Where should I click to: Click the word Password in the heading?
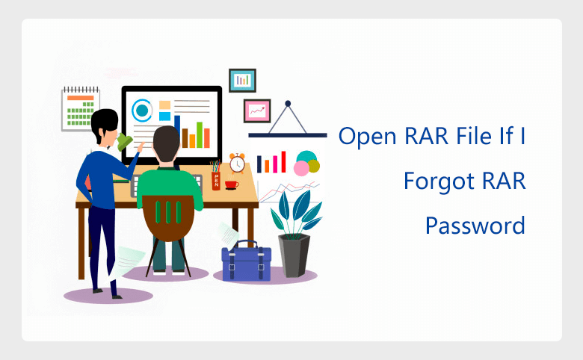pos(475,226)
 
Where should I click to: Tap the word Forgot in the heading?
pos(439,181)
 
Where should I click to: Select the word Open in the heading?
pos(368,137)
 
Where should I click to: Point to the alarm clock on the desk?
pos(237,163)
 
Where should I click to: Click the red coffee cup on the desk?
pos(231,184)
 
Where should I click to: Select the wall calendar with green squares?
pos(80,109)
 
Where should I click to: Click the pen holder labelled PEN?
pos(216,181)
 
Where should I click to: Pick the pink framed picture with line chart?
pos(257,111)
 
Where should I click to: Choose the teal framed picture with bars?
pos(242,80)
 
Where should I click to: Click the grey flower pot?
pos(294,255)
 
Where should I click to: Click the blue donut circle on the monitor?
pos(142,111)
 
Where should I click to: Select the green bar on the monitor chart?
pos(200,135)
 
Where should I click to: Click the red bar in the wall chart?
pos(283,161)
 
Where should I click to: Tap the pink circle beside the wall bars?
pos(301,168)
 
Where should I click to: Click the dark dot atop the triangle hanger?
pos(288,103)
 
